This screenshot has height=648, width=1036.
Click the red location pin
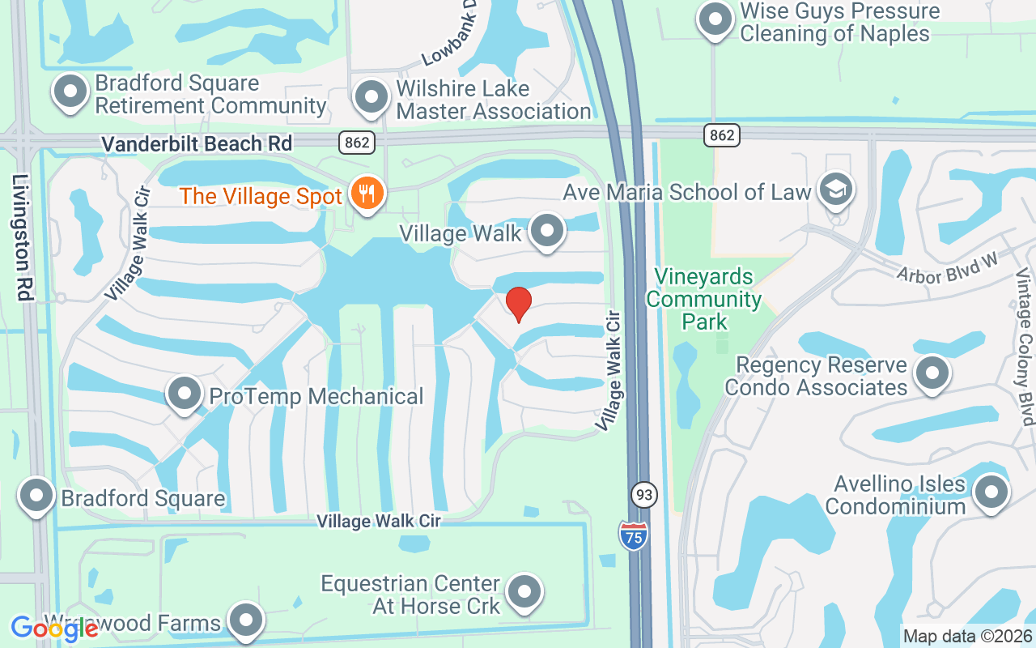(x=518, y=304)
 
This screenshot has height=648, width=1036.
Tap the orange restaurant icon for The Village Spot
(x=367, y=194)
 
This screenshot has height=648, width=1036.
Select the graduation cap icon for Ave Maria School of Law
(x=834, y=190)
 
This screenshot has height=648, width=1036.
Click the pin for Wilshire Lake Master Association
(x=372, y=97)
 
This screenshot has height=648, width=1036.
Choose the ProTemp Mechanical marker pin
(x=185, y=394)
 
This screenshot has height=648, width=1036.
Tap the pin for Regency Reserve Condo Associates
(x=932, y=373)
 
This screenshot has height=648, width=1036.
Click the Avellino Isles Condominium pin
(x=991, y=492)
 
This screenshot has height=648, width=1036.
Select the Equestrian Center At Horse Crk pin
(x=525, y=593)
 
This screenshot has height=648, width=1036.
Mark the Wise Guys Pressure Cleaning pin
(x=715, y=20)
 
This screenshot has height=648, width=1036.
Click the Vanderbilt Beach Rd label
(x=197, y=143)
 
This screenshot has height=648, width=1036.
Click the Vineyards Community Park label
(x=704, y=299)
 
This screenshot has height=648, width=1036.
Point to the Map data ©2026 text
(x=967, y=637)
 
